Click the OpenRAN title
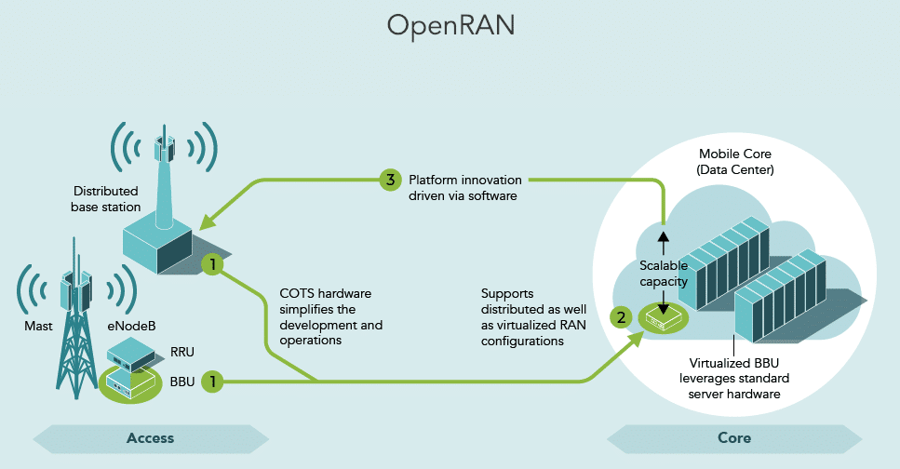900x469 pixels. click(450, 26)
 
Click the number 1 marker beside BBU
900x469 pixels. click(214, 381)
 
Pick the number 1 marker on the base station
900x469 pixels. click(214, 265)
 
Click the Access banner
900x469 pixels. click(150, 437)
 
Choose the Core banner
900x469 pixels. click(734, 437)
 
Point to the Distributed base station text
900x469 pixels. click(105, 198)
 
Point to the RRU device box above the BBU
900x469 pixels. click(130, 352)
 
